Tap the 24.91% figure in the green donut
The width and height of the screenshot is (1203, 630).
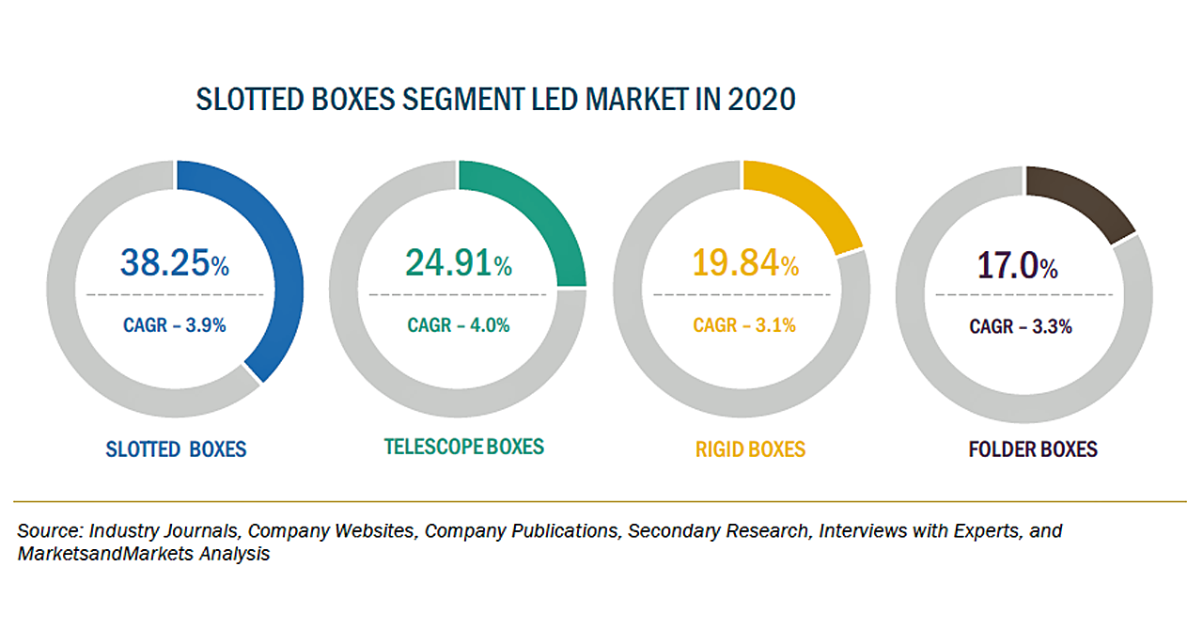[459, 263]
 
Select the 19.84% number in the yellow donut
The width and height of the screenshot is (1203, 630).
[745, 263]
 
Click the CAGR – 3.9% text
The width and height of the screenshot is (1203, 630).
[175, 325]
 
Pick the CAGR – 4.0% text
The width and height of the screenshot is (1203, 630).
[459, 325]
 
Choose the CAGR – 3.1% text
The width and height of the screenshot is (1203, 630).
[744, 325]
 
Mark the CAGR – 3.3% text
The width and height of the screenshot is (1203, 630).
[1021, 327]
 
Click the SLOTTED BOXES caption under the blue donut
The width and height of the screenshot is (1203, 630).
[175, 449]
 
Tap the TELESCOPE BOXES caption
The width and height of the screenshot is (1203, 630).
[464, 447]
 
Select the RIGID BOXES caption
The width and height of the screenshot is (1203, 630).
[750, 449]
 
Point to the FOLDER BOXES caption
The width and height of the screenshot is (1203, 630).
[1033, 449]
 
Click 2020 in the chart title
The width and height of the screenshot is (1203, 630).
[761, 100]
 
